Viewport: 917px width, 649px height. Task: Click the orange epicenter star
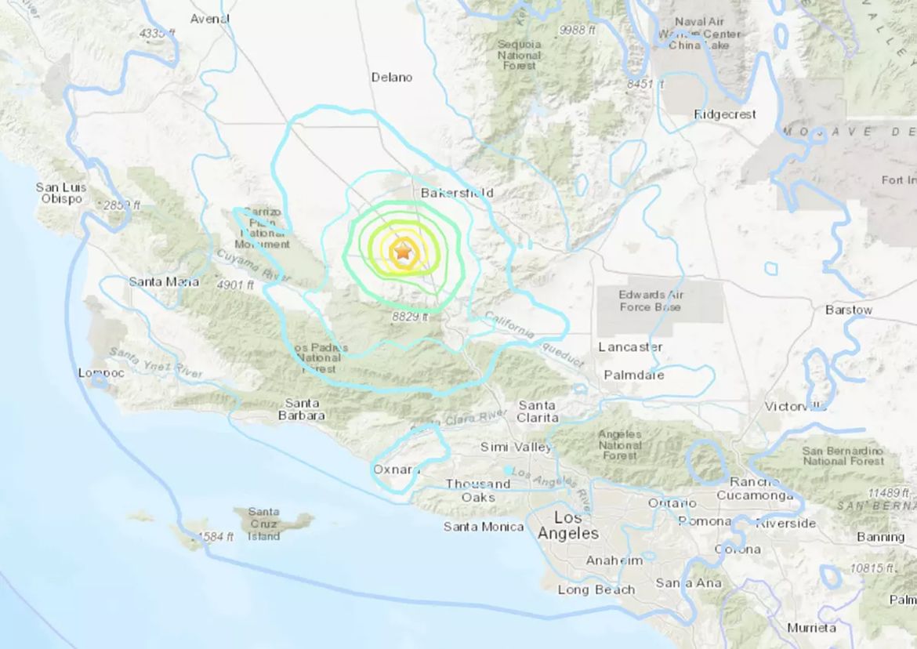click(402, 252)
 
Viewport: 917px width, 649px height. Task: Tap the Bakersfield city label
click(456, 192)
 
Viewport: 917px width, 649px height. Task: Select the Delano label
click(392, 78)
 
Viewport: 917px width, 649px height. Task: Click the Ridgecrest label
click(725, 114)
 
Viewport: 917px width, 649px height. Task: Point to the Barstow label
click(848, 310)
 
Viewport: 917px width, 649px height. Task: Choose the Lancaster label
click(630, 346)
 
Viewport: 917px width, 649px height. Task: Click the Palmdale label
click(633, 375)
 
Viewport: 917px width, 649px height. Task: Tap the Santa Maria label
click(164, 281)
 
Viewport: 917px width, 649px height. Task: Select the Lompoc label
click(101, 373)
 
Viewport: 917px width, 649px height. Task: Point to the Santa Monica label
click(484, 527)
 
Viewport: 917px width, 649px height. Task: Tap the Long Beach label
click(596, 589)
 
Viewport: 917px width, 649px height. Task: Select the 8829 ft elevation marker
click(410, 317)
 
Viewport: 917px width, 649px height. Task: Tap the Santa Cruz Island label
click(263, 524)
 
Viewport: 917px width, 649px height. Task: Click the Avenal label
click(210, 19)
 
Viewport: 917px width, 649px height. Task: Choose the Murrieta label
click(811, 628)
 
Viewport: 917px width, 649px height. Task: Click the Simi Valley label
click(516, 447)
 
